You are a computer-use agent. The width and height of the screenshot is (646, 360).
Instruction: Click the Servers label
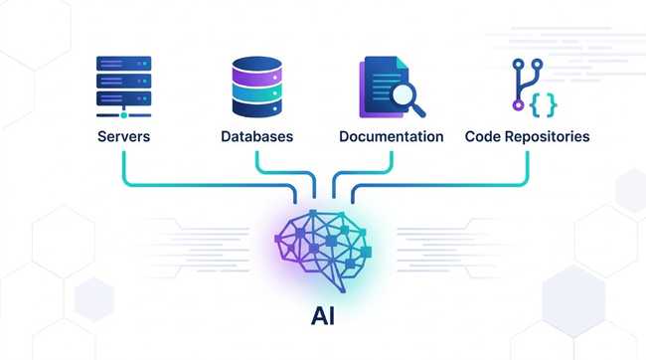(x=123, y=136)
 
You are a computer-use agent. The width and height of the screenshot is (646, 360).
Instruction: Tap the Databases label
(x=256, y=136)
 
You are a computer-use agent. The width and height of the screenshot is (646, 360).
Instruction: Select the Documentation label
(x=391, y=136)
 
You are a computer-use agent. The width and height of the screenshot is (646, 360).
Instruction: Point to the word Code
(x=482, y=136)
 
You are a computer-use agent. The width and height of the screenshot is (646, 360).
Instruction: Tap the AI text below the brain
(x=324, y=316)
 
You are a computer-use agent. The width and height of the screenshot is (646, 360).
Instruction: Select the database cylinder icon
(x=256, y=88)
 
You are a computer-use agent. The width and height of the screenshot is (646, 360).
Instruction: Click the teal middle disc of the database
(x=256, y=89)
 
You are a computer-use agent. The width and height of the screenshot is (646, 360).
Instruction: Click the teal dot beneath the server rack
(x=123, y=116)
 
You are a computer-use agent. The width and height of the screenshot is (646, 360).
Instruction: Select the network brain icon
(x=324, y=245)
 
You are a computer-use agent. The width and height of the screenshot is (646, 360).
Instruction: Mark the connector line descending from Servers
(x=123, y=164)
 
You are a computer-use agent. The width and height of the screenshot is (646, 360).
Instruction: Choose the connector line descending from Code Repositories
(x=527, y=164)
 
